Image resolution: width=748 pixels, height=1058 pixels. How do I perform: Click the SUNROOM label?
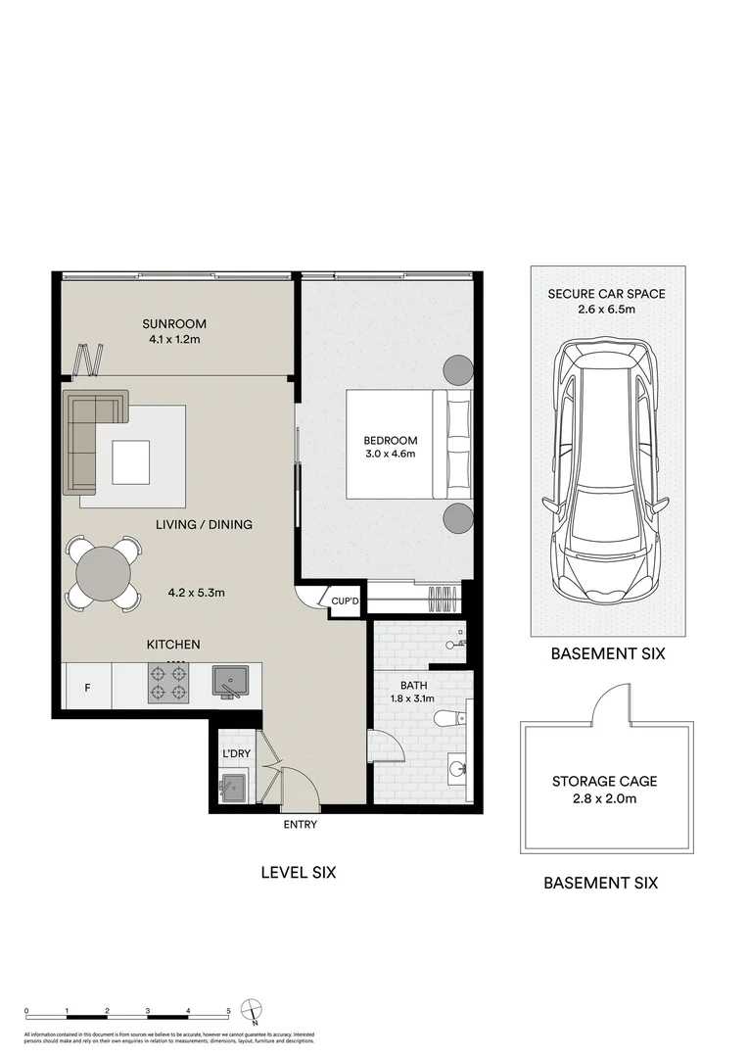pos(174,324)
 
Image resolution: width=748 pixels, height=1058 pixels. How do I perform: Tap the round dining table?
pos(103,572)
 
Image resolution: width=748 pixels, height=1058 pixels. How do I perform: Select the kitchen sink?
pos(231,681)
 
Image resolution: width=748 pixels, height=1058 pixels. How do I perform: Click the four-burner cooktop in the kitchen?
pos(167,683)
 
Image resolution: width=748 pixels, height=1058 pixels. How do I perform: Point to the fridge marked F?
pos(87,687)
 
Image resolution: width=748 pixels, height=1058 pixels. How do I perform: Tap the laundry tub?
pos(232,786)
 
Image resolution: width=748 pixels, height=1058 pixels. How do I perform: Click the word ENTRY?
pos(301,825)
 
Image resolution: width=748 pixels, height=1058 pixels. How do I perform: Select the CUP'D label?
pos(346,601)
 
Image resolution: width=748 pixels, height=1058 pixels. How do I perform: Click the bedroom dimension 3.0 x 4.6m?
pos(392,455)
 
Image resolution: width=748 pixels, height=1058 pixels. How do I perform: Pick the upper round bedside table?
pos(458,369)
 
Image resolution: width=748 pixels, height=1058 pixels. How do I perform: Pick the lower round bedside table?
pos(458,518)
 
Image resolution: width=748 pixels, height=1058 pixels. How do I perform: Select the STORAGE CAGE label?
pos(604,782)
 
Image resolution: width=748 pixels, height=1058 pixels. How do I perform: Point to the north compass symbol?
pos(255,1010)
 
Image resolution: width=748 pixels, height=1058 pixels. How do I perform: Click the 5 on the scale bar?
pos(228,1009)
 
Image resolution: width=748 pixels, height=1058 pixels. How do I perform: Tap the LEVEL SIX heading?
pos(298,872)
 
